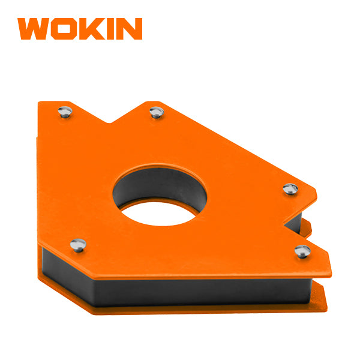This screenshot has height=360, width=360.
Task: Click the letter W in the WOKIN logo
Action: click(x=35, y=29)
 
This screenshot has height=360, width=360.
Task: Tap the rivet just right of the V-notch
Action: click(x=157, y=111)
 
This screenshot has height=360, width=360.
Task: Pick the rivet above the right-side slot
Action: click(x=290, y=188)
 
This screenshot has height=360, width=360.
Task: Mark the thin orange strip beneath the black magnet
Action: click(x=180, y=310)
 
